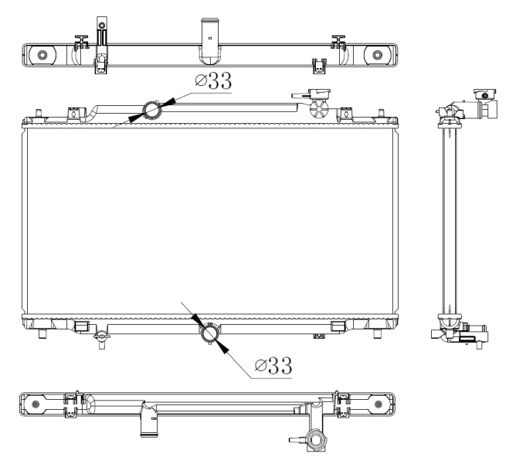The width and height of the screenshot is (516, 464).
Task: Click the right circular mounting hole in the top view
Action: [377, 54]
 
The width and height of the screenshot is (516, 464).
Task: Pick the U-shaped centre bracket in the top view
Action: [210, 40]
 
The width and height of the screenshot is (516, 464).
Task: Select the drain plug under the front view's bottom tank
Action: [100, 337]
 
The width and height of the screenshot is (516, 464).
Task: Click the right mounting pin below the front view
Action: [376, 334]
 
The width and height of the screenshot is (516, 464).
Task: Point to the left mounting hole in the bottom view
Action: [35, 403]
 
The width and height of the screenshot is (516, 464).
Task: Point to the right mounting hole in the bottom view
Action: [377, 403]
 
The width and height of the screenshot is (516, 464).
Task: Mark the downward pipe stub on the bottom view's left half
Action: [147, 424]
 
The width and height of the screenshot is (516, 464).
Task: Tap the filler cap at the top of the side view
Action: [484, 96]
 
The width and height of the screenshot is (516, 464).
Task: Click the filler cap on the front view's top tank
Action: [318, 94]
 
